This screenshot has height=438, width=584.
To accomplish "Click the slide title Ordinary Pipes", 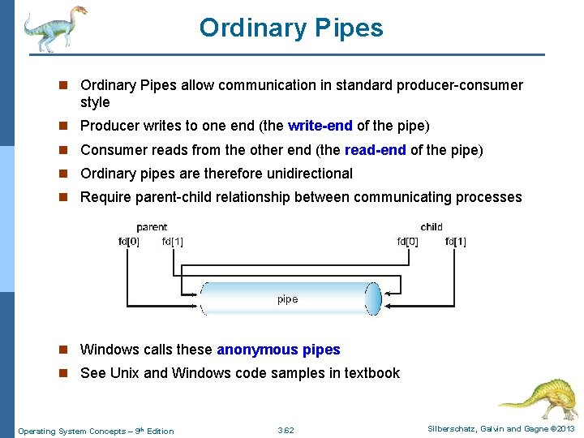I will tap(291, 28).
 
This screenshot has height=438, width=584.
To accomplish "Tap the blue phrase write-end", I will tap(320, 127).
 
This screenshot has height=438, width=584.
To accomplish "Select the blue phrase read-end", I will tap(376, 150).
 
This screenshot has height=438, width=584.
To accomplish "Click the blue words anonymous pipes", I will tap(278, 350).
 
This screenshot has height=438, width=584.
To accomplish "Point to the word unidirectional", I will tap(307, 174).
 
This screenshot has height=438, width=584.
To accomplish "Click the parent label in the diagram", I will tap(152, 227).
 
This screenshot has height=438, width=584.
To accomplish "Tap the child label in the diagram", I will tap(432, 227).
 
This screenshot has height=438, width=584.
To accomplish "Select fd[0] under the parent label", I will tap(128, 241).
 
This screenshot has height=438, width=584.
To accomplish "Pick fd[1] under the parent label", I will tap(172, 241).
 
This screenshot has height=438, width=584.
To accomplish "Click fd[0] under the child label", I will tap(407, 241).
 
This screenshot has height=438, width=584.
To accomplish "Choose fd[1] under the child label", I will tap(455, 241).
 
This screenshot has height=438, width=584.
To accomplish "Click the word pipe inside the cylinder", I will tap(287, 299).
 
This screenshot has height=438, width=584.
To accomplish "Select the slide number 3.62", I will tap(286, 431).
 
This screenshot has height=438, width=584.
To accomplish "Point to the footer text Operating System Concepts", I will tap(73, 431).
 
